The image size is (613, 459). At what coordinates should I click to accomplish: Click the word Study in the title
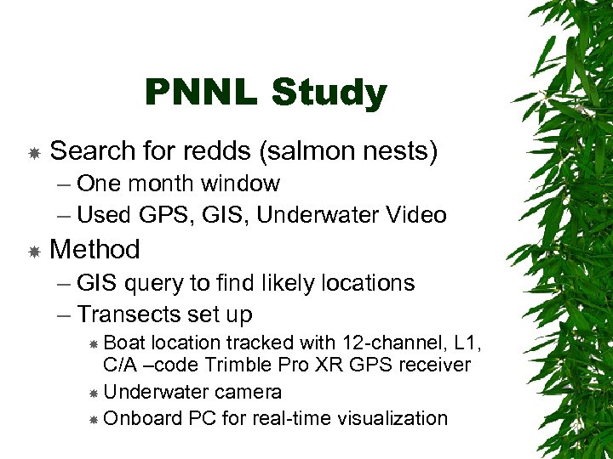(x=329, y=93)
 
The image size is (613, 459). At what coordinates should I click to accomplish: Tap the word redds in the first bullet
(x=214, y=151)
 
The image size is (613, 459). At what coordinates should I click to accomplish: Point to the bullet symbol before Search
(x=34, y=153)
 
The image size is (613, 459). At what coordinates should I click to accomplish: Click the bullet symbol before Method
(x=34, y=251)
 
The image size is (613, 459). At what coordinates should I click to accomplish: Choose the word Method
(x=95, y=249)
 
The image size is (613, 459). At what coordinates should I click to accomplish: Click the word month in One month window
(x=169, y=184)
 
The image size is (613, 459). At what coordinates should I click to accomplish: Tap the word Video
(x=417, y=215)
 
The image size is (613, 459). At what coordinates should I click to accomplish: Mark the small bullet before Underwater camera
(x=94, y=393)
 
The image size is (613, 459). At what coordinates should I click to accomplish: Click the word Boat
(x=124, y=343)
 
